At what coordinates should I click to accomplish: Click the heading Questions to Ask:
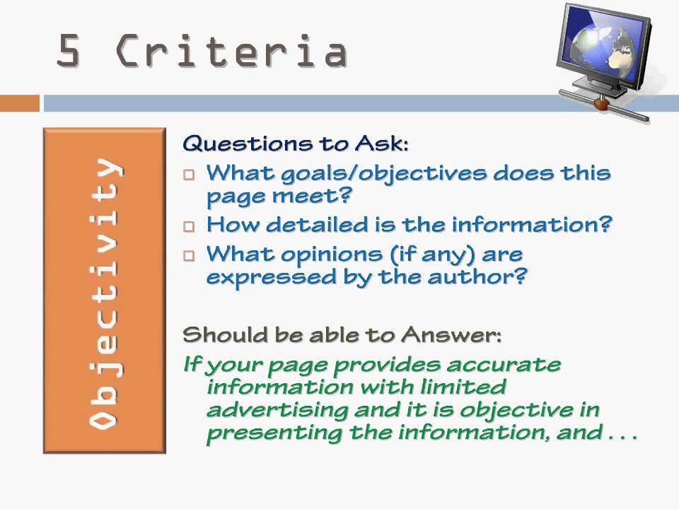click(296, 144)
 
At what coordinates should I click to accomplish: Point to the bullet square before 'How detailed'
click(188, 227)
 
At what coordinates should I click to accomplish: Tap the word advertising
click(275, 411)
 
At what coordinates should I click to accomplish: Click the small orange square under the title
click(19, 103)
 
